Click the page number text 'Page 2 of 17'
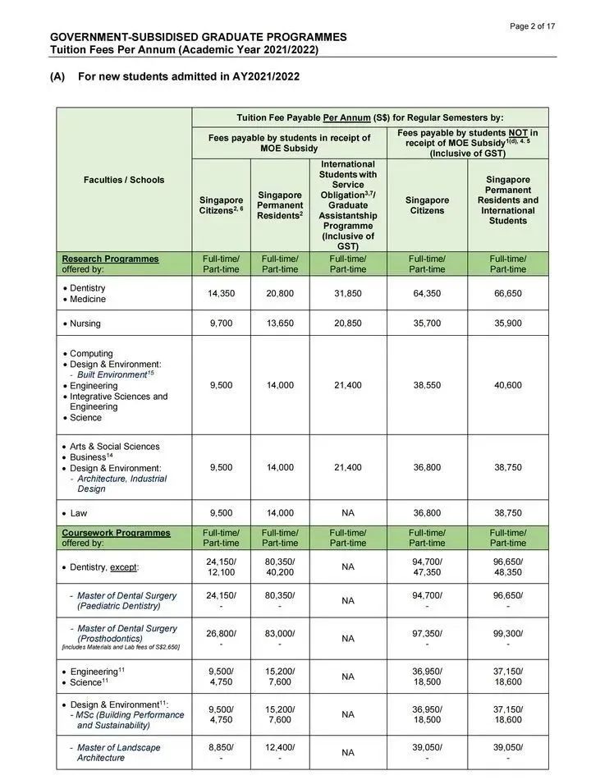click(x=532, y=26)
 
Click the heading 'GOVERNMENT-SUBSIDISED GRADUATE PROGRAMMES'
click(x=198, y=37)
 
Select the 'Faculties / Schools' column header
click(x=124, y=180)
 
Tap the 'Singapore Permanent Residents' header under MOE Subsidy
click(x=280, y=205)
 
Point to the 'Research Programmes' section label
click(x=110, y=259)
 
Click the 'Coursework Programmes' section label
click(x=116, y=533)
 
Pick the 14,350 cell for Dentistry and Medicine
click(x=221, y=293)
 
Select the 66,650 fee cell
click(x=508, y=293)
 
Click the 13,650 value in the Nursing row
click(x=280, y=323)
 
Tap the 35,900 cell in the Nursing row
click(x=508, y=323)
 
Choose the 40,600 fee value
click(x=508, y=385)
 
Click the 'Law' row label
click(x=78, y=513)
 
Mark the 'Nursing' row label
click(x=85, y=323)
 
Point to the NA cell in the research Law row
click(x=348, y=513)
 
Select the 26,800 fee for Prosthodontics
click(x=221, y=633)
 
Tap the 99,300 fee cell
click(x=508, y=633)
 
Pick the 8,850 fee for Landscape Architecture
click(x=221, y=747)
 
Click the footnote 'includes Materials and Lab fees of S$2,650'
click(x=121, y=648)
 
